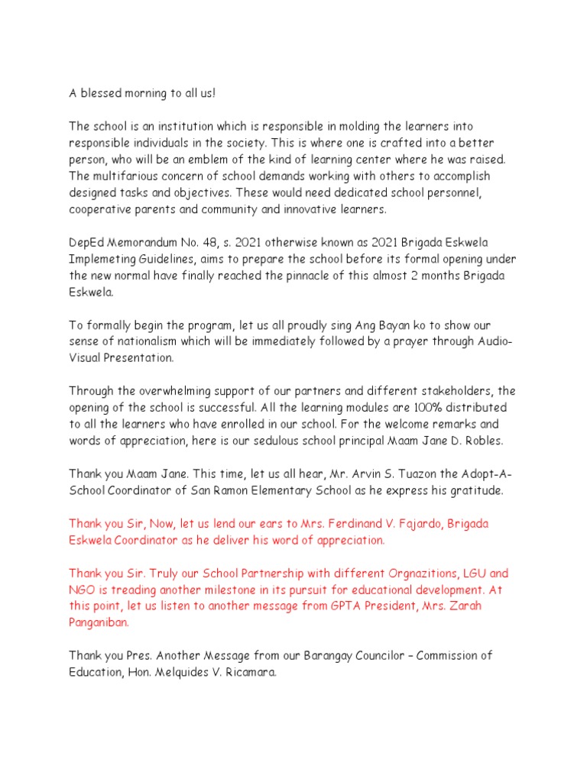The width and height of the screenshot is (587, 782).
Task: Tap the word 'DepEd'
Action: coord(86,241)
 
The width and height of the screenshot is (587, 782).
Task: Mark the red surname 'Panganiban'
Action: coord(99,623)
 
